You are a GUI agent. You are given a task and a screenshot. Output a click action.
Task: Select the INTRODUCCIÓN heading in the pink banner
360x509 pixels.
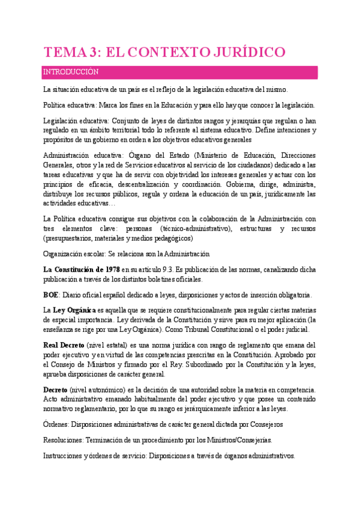(x=70, y=72)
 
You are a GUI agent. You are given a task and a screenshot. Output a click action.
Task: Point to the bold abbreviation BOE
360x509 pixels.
(x=51, y=295)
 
